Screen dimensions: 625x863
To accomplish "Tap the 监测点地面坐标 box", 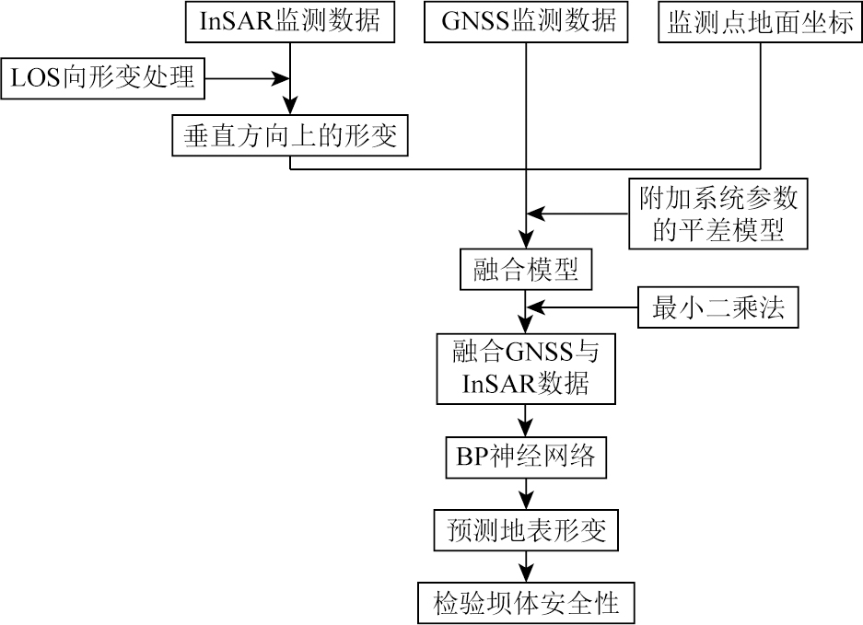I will click(760, 22).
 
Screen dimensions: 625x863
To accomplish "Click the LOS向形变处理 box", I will click(102, 77).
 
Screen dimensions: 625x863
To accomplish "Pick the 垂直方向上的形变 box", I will click(289, 135).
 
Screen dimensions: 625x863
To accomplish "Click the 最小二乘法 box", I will click(718, 308).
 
